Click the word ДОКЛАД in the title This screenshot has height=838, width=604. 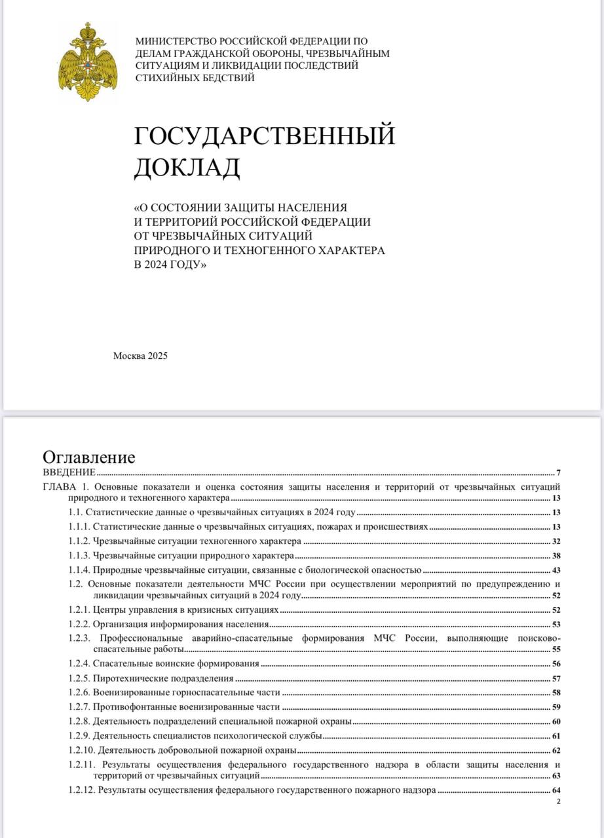click(x=187, y=168)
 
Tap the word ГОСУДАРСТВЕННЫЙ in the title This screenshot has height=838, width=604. click(x=265, y=136)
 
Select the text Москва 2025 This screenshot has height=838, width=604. click(x=141, y=356)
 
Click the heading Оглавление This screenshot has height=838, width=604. click(x=89, y=457)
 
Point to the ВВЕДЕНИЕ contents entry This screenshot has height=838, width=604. click(x=69, y=472)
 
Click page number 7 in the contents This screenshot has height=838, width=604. click(x=558, y=473)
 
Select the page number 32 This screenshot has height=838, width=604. click(x=556, y=541)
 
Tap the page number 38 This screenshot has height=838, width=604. click(x=556, y=556)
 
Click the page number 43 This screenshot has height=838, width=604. click(x=556, y=571)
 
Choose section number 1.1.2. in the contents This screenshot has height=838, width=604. click(x=79, y=541)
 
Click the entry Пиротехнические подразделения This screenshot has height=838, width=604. click(x=163, y=678)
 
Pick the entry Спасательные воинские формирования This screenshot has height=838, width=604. click(x=176, y=663)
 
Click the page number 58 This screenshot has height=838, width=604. click(x=556, y=693)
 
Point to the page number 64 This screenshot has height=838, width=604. click(x=556, y=791)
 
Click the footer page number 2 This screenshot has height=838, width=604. click(x=558, y=801)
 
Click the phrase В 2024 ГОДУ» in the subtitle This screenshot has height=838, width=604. click(x=170, y=264)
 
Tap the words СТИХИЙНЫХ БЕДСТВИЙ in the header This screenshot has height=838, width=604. click(x=195, y=77)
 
